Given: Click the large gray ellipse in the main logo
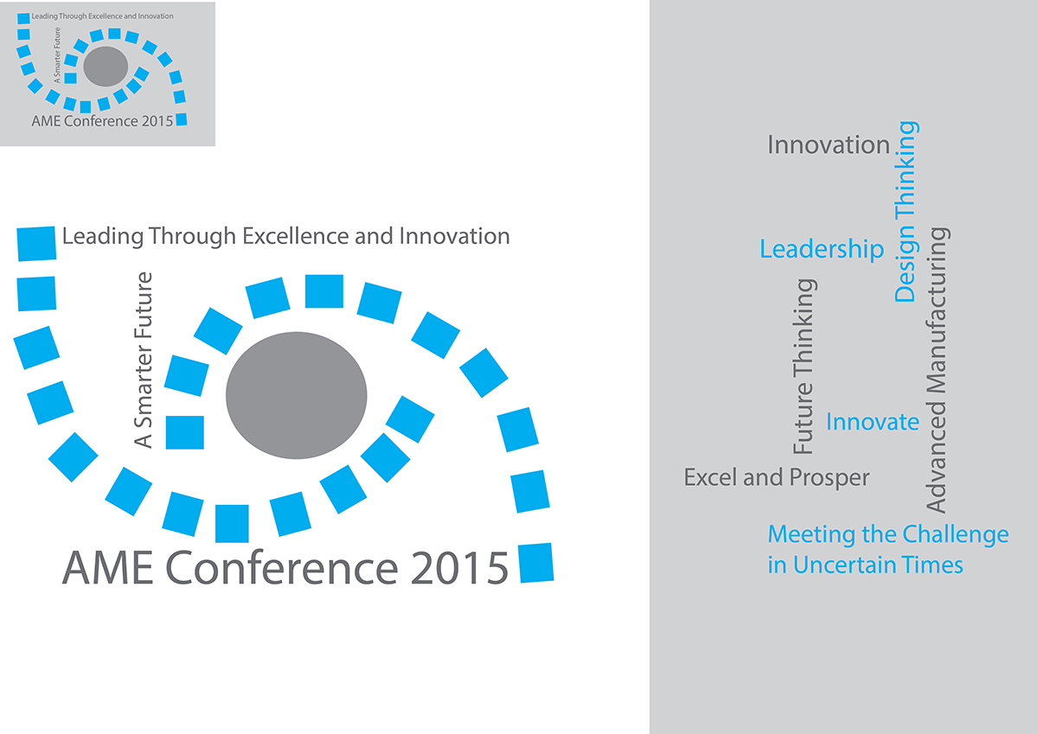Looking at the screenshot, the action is [296, 395].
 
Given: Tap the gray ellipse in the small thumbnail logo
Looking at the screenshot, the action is [106, 67].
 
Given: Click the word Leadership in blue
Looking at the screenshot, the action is [822, 249].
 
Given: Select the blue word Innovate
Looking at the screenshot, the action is [873, 422].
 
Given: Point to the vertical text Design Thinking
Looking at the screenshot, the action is [906, 212].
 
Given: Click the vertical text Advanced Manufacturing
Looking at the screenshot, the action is [937, 370].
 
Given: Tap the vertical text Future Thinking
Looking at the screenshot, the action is [804, 367].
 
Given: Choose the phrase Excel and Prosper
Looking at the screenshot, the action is [777, 477].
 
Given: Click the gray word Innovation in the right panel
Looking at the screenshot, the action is [829, 145].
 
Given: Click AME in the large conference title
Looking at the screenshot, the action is [108, 567].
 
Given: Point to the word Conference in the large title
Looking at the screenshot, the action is [282, 567].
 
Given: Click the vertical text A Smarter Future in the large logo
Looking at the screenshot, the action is [143, 360].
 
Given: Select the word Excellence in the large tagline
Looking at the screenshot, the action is [296, 236].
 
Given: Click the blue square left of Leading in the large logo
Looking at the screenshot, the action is [36, 244].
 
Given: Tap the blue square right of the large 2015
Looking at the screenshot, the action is [535, 563].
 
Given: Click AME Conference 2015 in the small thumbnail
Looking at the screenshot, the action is [102, 121].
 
